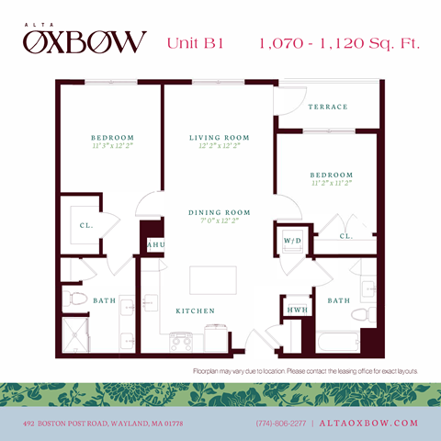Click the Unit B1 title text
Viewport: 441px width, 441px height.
(196, 43)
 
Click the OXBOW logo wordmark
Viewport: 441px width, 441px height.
(85, 41)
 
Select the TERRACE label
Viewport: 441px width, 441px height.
(328, 107)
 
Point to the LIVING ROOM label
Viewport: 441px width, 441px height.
(220, 138)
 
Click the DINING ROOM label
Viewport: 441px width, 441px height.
(220, 212)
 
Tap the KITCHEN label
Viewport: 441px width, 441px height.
(196, 311)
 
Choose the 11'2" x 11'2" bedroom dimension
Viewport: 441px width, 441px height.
(331, 184)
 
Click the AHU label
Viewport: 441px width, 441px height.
(155, 245)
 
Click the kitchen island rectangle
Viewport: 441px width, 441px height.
(209, 277)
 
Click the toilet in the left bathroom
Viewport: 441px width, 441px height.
(75, 300)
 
